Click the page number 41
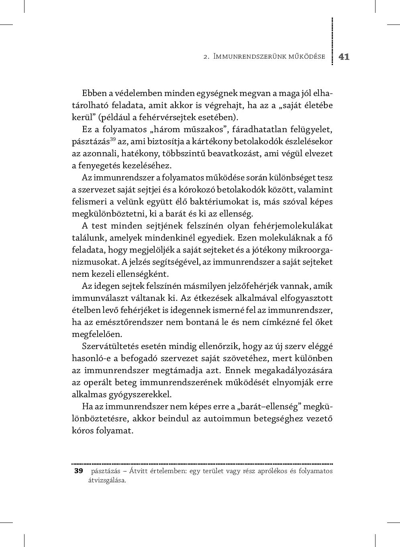pos(344,57)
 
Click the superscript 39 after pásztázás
pos(113,139)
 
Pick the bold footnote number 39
pos(78,471)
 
